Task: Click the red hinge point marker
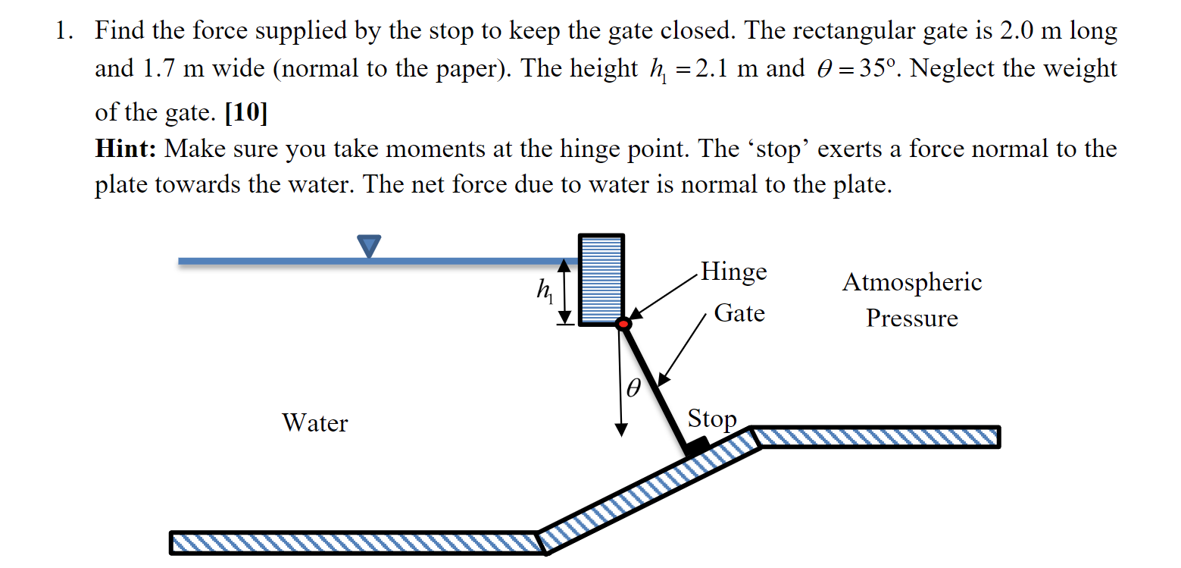tap(623, 324)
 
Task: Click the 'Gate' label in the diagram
tap(739, 313)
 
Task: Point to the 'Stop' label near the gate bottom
tap(712, 419)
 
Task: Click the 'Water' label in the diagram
tap(315, 423)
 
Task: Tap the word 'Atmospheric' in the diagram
tap(912, 283)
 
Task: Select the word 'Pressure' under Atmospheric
tap(912, 319)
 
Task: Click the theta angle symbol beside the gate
tap(633, 388)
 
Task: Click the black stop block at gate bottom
tap(697, 446)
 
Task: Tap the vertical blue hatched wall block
tap(601, 280)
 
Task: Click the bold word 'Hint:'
tap(126, 149)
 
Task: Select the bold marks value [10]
tap(246, 112)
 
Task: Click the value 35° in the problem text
tap(877, 68)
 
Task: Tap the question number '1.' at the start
tap(64, 30)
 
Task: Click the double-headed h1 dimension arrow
tap(564, 291)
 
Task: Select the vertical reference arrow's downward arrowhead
tap(622, 430)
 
